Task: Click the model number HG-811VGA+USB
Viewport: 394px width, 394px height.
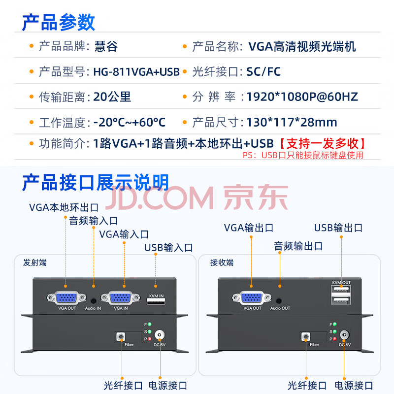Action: (136, 72)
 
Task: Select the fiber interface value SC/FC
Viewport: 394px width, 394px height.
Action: (263, 72)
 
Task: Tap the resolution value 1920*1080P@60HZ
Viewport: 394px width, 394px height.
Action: (302, 97)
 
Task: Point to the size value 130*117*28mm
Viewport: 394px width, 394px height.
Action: (292, 122)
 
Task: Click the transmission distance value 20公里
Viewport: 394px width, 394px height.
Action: (112, 97)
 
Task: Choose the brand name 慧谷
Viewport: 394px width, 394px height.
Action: (106, 46)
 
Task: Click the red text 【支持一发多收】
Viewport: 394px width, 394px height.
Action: (323, 143)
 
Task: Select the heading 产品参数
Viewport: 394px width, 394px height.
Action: (58, 23)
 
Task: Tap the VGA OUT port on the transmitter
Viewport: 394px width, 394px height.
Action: (66, 298)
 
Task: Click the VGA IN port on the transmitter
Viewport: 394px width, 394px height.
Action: (120, 298)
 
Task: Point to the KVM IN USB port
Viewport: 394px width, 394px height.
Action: (156, 301)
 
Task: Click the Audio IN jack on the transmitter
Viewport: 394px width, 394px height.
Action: (94, 301)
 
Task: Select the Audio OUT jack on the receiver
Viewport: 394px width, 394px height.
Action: (279, 301)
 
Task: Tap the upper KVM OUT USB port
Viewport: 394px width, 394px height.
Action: (341, 289)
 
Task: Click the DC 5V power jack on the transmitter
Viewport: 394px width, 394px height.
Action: (160, 335)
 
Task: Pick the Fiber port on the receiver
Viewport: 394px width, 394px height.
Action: (305, 336)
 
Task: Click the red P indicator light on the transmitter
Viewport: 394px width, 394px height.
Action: (150, 339)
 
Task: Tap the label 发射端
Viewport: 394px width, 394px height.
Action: (34, 263)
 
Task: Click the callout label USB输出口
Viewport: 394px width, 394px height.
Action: (338, 228)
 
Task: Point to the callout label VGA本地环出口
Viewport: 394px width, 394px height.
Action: (64, 207)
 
